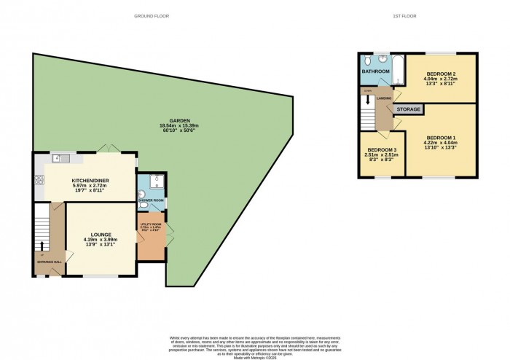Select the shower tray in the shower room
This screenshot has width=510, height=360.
click(157, 181)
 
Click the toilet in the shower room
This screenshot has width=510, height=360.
click(144, 195)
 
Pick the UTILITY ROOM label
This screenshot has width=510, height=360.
click(149, 226)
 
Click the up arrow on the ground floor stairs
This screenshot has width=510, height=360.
click(42, 246)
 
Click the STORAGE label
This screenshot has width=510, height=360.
click(409, 109)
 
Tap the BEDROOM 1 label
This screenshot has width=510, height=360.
click(441, 138)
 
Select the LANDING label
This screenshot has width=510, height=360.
click(384, 98)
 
